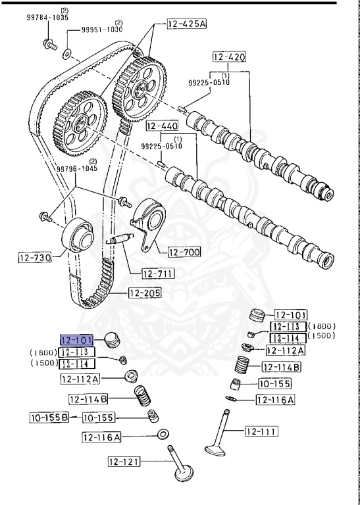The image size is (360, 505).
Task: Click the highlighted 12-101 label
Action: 78,340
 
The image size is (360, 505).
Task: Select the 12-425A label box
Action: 186,25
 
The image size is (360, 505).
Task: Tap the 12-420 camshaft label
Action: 229,57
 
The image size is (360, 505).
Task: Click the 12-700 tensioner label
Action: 184,252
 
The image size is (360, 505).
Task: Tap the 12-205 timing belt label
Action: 144,293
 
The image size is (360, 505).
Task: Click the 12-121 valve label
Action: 125,462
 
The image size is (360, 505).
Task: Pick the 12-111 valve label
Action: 261,431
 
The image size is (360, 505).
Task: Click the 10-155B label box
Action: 49,417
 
